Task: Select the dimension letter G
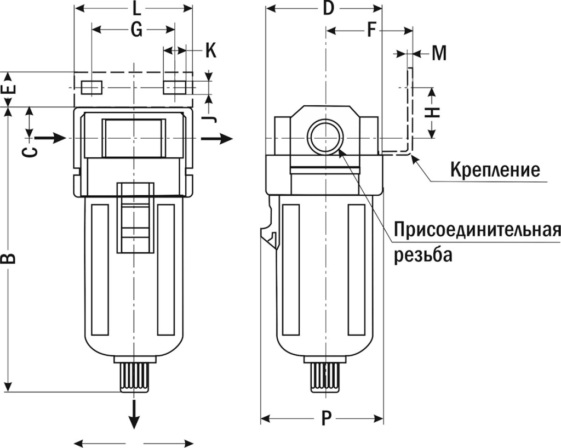point(136,31)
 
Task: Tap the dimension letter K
point(211,51)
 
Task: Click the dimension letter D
point(328,8)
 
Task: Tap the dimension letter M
point(439,53)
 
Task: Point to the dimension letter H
point(433,112)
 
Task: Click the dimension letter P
point(327,419)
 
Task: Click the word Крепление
point(495,169)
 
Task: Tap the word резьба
point(423,256)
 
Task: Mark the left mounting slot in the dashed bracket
point(91,87)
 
